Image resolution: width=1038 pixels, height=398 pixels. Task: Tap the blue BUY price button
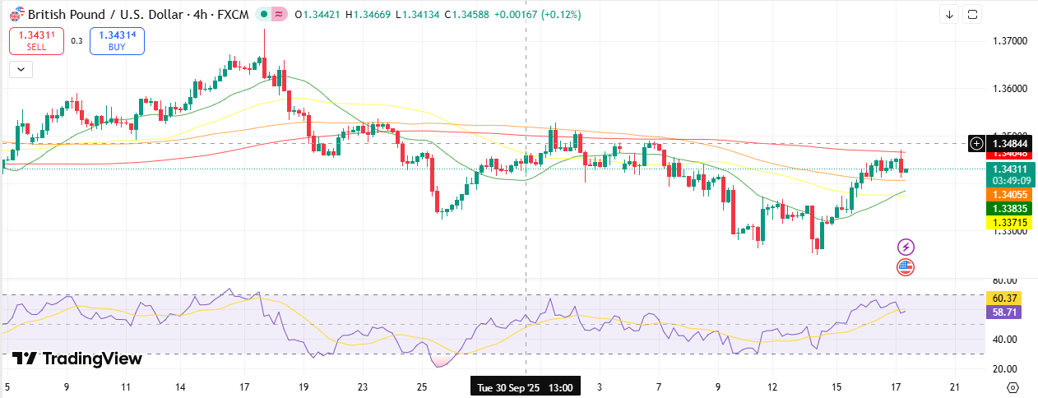click(x=117, y=41)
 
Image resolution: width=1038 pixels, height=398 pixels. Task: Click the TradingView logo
click(x=77, y=359)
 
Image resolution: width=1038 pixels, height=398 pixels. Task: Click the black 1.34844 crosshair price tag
click(x=1008, y=143)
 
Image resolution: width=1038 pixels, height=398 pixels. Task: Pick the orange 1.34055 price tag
click(x=1008, y=194)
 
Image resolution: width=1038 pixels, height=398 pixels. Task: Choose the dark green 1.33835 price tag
click(x=1008, y=209)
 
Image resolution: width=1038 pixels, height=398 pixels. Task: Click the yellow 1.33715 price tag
click(x=1008, y=223)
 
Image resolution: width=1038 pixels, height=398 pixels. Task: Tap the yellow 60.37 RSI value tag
click(x=1006, y=298)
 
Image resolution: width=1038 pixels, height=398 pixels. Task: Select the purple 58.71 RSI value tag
click(x=1006, y=312)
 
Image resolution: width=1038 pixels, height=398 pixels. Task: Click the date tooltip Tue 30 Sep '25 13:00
click(x=526, y=386)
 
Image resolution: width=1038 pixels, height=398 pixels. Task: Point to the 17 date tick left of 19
click(x=244, y=386)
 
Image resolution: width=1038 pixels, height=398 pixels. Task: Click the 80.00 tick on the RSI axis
click(x=1005, y=280)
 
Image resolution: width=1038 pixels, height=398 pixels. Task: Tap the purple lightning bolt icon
click(x=906, y=247)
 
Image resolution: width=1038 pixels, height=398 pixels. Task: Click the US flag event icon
click(x=906, y=266)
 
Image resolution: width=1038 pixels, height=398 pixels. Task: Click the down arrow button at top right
click(x=950, y=14)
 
